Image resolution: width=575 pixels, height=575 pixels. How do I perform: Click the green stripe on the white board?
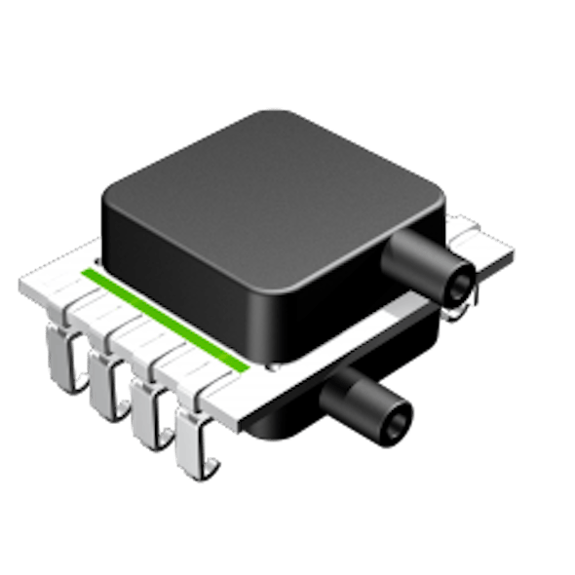point(166,317)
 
